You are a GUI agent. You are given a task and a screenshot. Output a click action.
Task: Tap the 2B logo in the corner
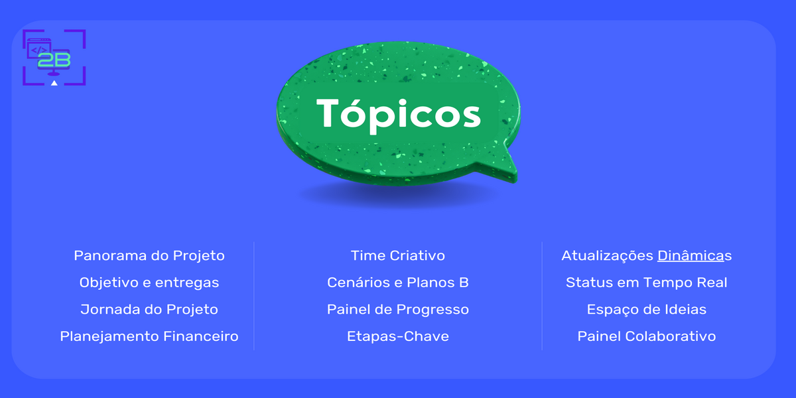coord(54,58)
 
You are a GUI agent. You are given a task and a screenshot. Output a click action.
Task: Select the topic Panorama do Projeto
coord(149,255)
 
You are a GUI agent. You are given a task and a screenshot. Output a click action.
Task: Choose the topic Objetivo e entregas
coord(149,283)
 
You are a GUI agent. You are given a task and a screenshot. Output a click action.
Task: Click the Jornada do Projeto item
coord(149,310)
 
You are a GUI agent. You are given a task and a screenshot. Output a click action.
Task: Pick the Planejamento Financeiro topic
coord(149,336)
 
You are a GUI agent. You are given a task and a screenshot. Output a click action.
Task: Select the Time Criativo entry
coord(398,255)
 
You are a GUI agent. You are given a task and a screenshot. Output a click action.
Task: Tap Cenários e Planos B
coord(398,283)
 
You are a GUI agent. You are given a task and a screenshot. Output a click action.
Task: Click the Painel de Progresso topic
coord(398,310)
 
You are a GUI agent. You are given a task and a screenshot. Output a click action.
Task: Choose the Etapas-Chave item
coord(398,336)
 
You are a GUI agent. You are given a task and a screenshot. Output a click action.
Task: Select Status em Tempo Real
coord(647,283)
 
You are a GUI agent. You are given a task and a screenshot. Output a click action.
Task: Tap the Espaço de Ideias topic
coord(647,310)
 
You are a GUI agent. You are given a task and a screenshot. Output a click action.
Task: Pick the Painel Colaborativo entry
coord(647,336)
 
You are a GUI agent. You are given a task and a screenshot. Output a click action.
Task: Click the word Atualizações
coord(607,255)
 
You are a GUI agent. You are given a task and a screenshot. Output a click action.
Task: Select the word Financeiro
coord(201,336)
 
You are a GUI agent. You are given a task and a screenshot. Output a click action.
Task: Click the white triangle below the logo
coord(54,83)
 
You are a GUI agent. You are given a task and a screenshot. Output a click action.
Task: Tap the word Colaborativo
coord(671,336)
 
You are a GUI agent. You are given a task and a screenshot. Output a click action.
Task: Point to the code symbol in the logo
coord(38,48)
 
